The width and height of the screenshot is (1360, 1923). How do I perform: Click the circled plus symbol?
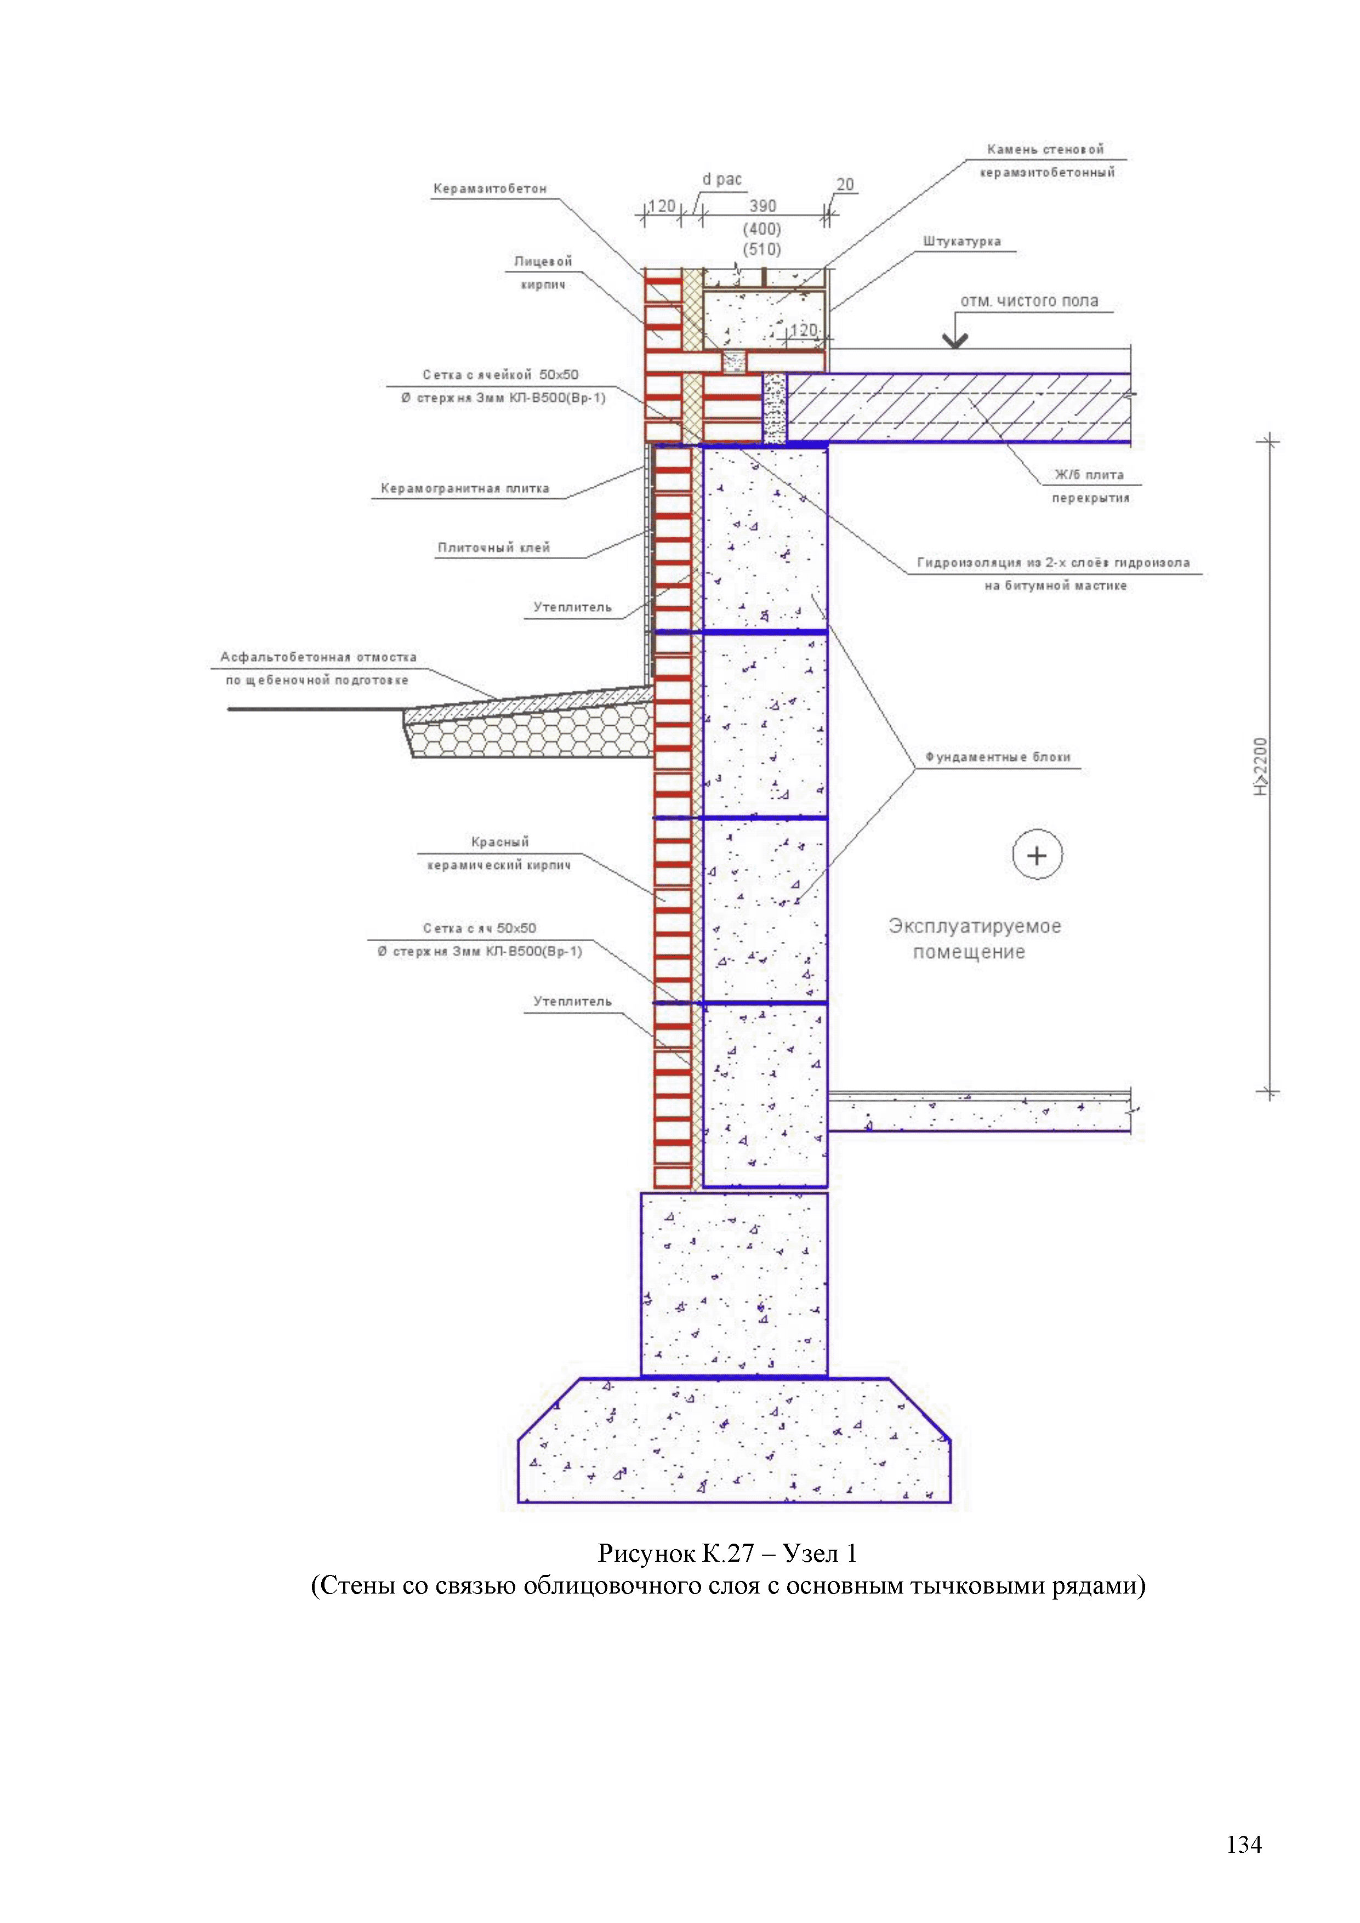1037,855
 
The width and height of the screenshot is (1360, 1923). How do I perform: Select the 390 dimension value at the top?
762,206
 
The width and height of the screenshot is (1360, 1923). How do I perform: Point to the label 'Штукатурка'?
961,241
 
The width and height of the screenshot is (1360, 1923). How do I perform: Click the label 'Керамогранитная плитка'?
465,488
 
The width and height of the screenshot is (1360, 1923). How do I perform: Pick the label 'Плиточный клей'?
493,548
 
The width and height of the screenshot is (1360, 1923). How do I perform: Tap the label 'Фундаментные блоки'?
998,757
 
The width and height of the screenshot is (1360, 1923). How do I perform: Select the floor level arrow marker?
955,339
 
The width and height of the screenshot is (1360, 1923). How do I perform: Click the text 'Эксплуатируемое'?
975,926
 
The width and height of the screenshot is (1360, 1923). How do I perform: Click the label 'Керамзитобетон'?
490,189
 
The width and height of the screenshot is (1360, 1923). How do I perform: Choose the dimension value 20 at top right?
845,184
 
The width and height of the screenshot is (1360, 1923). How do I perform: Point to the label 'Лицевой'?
543,261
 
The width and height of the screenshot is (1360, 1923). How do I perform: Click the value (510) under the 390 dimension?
762,249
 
